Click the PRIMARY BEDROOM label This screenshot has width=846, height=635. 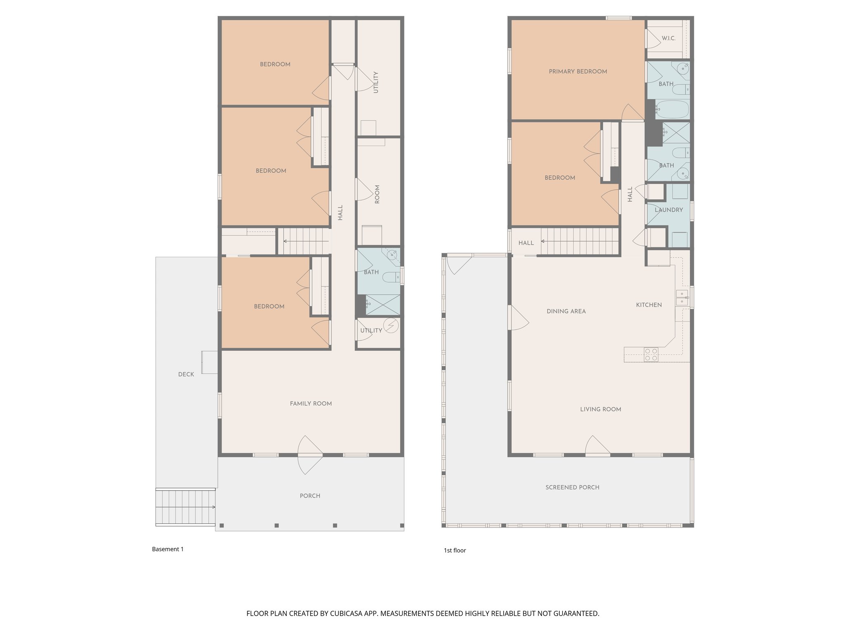(x=577, y=72)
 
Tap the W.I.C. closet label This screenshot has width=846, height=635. (x=668, y=38)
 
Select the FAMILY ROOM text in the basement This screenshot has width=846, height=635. (x=311, y=403)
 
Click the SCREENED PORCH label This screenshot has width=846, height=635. (x=572, y=487)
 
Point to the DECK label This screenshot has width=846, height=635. (x=186, y=375)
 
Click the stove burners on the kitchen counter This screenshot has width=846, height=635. (x=651, y=355)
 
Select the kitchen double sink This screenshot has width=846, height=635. (x=682, y=298)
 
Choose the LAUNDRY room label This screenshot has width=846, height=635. (x=668, y=210)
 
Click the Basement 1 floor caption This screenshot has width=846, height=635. (x=168, y=549)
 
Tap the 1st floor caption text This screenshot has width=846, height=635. (x=455, y=550)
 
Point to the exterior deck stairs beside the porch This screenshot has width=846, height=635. (x=185, y=507)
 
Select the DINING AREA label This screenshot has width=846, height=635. (x=566, y=311)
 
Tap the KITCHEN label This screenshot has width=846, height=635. (x=649, y=305)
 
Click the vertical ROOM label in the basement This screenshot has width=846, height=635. (x=377, y=194)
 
